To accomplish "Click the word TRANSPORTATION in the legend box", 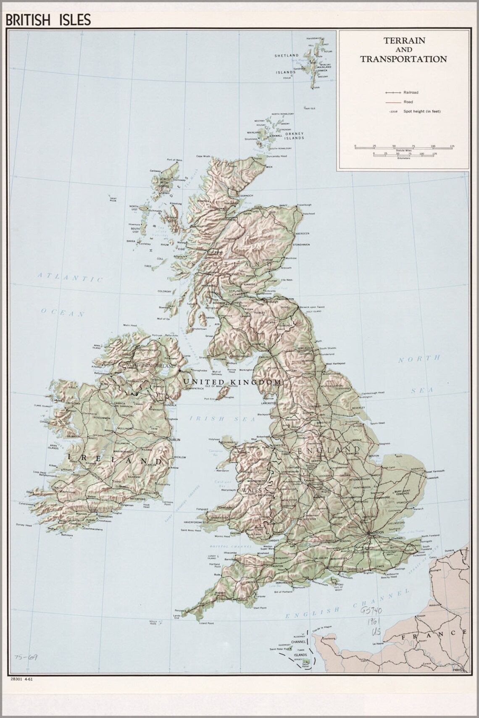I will point(403,59).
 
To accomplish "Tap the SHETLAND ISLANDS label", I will point(287,63).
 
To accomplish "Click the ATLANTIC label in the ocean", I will point(70,277).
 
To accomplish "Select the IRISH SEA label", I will point(222,418).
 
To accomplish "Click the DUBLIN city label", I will point(174,439).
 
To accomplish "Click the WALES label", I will point(251,490).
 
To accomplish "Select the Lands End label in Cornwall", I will point(177,617).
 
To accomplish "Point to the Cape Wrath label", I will point(203,156).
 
